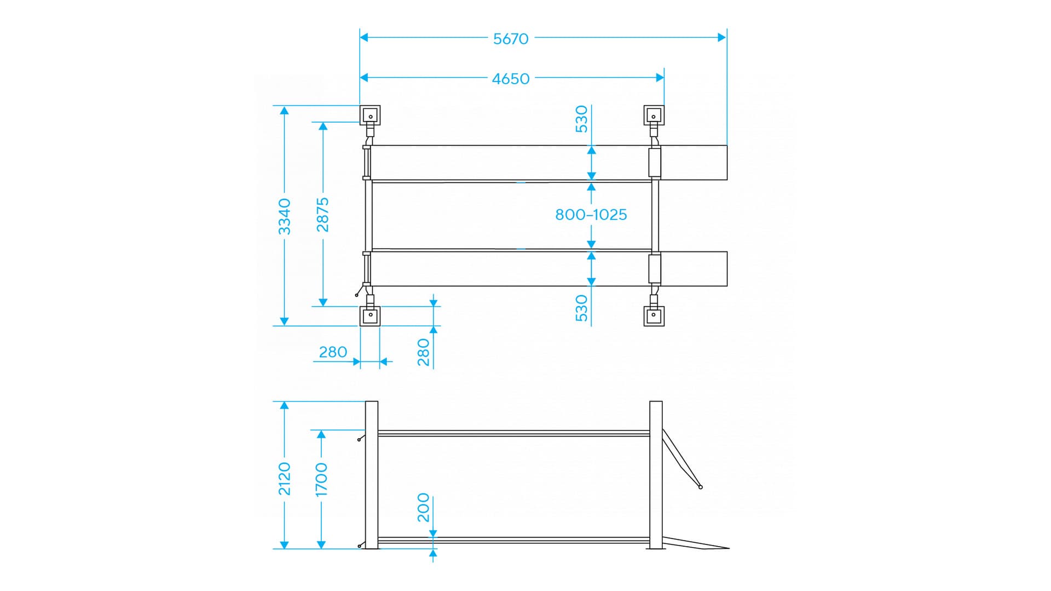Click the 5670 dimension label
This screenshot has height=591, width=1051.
pos(511,39)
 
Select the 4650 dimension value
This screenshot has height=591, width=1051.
pos(511,79)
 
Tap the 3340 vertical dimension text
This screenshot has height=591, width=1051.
pos(285,216)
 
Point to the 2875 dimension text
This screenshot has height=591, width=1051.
pos(323,215)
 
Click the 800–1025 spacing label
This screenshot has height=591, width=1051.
pos(591,215)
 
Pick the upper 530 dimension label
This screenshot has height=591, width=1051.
pos(581,119)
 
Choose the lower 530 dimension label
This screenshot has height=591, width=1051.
pos(581,308)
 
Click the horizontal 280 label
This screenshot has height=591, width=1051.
pos(333,352)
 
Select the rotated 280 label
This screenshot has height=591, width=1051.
pos(424,352)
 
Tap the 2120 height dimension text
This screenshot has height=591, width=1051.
pos(285,478)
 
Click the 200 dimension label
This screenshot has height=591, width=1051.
pos(424,507)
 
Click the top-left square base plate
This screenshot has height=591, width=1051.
pos(370,116)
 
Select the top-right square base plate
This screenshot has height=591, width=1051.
pos(654,116)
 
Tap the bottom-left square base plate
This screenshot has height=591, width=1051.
pos(370,316)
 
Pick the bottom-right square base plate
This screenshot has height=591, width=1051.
pos(654,316)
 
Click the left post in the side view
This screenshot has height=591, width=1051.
pos(372,474)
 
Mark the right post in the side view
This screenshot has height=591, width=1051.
pos(656,474)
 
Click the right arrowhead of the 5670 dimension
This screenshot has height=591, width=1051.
pos(722,37)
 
